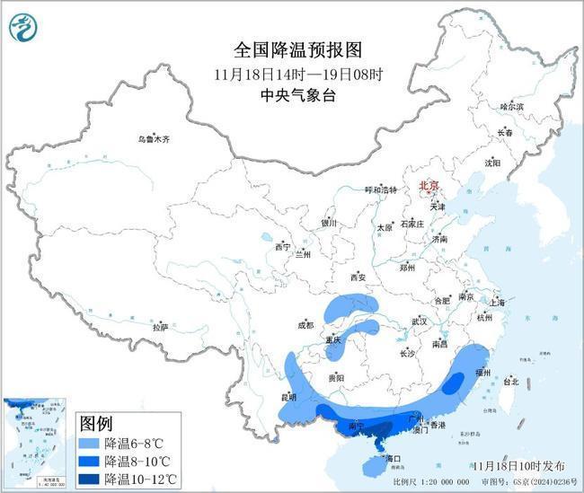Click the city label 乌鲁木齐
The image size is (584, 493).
coord(154,139)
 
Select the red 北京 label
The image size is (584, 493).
coord(431,186)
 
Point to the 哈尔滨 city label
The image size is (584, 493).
coord(511,106)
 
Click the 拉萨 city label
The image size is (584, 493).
coord(160,328)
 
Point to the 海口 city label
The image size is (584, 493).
coord(392,459)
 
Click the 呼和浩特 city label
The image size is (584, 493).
coord(380,189)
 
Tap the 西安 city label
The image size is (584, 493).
coord(360,277)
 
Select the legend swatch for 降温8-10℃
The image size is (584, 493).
coord(89,462)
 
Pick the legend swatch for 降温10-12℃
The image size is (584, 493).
coord(89,479)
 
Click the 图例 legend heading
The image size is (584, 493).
coord(97,423)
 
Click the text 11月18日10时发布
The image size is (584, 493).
coord(518,465)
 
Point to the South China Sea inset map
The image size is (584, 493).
coord(37,444)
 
